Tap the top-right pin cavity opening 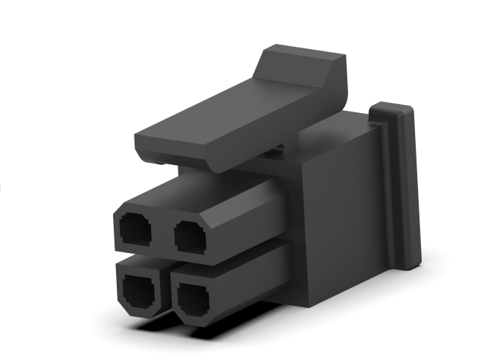coord(192,236)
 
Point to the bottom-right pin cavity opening coord(196,300)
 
